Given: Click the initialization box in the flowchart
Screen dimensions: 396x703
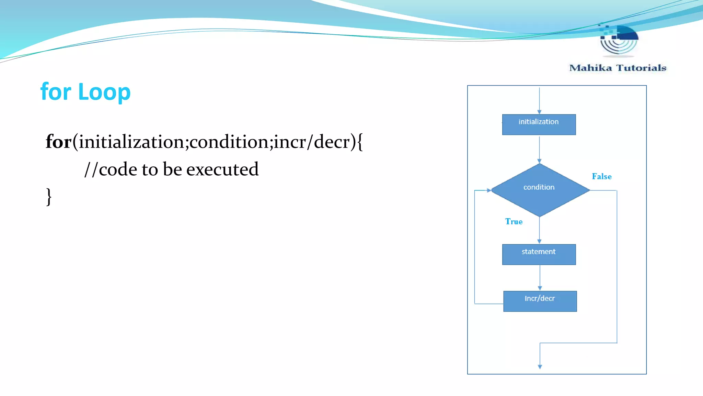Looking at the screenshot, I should click(539, 124).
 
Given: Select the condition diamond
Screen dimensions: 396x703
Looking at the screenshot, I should click(540, 190).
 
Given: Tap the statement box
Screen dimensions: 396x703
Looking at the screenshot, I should click(539, 254).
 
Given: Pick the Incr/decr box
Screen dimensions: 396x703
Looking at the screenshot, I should click(540, 301).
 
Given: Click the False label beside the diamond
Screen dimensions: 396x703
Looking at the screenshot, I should click(601, 176).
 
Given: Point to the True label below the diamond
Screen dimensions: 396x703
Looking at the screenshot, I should click(514, 222).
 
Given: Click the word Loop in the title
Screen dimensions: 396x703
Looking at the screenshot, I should click(104, 92).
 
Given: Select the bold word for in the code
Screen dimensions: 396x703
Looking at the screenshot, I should click(59, 142).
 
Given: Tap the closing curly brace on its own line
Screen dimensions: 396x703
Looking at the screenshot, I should click(49, 197).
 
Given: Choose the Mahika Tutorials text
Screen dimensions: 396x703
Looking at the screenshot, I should click(618, 68).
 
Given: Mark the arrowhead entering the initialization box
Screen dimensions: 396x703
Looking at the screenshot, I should click(539, 112).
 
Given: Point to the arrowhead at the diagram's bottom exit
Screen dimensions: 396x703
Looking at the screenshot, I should click(540, 367).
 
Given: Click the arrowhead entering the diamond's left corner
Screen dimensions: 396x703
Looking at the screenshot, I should click(489, 190).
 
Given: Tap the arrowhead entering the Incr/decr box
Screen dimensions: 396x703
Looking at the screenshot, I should click(540, 288).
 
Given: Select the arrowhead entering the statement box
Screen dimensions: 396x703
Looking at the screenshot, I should click(539, 242).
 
